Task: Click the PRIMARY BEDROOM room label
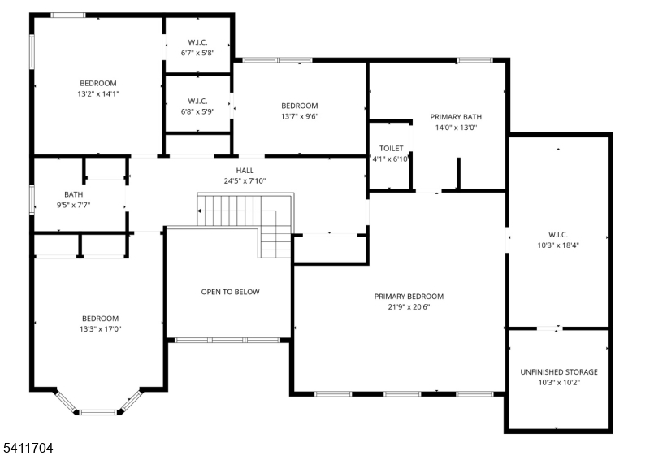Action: (x=409, y=297)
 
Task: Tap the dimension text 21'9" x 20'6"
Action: (x=409, y=307)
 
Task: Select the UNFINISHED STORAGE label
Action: (x=559, y=372)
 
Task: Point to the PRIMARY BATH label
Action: (x=455, y=117)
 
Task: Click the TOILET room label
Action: (x=391, y=149)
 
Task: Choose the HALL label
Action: (x=245, y=171)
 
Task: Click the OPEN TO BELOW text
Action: (x=231, y=292)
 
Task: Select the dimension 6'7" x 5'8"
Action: (x=197, y=54)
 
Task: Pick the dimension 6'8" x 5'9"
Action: (x=197, y=112)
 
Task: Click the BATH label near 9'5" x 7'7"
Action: (x=73, y=194)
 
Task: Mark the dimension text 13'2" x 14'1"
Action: (x=97, y=93)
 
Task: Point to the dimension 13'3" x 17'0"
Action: (x=100, y=328)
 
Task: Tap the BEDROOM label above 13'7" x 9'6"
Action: (x=299, y=106)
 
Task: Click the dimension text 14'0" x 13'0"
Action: (x=455, y=128)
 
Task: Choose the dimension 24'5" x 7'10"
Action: (x=245, y=181)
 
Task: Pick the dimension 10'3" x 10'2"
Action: (x=559, y=382)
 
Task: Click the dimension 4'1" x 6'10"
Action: (x=391, y=159)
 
